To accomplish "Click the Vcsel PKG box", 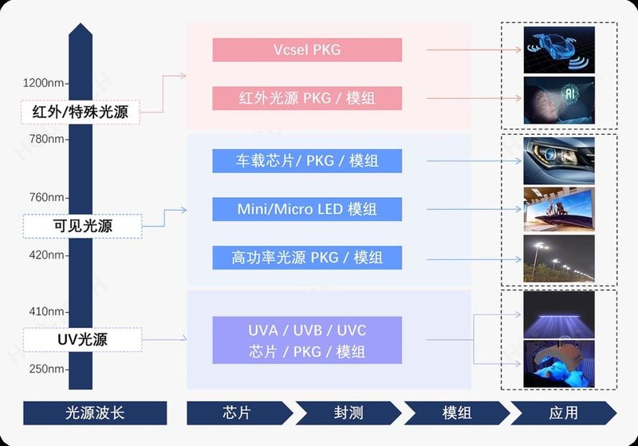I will [307, 49].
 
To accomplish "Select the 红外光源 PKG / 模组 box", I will [307, 99].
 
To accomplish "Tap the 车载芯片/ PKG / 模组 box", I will [307, 161].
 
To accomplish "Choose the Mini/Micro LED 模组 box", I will [307, 209].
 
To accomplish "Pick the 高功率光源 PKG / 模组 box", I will [307, 258].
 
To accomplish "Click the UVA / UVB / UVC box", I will [307, 341].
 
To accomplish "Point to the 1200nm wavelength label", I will [43, 82].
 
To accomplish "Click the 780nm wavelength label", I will [45, 139].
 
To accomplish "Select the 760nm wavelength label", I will [45, 197].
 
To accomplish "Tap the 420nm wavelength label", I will [45, 255].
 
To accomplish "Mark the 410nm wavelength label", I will [45, 311].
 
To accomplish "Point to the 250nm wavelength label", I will [45, 369].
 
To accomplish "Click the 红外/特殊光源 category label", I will [81, 111].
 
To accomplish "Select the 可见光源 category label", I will [83, 226].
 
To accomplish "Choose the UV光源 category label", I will [82, 340].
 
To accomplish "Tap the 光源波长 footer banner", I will [95, 412].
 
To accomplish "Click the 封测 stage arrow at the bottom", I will [348, 412].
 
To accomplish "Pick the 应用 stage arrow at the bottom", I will [563, 412].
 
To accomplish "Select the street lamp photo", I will [559, 259].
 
